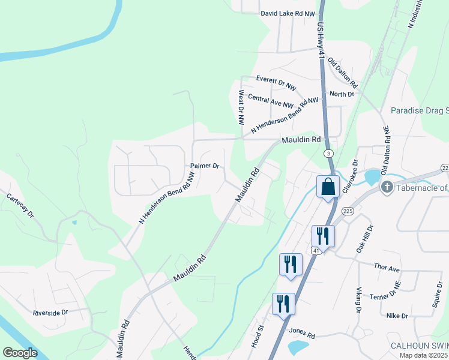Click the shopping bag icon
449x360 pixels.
click(x=328, y=187)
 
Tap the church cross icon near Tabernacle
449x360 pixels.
click(x=387, y=188)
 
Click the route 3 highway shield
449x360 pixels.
click(x=329, y=154)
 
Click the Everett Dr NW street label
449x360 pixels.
click(x=276, y=83)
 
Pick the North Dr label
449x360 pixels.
click(x=342, y=94)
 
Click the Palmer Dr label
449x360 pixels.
click(x=205, y=166)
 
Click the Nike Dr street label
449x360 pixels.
click(x=397, y=316)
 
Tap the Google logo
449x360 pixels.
click(x=20, y=353)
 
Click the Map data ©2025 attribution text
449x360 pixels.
click(x=424, y=355)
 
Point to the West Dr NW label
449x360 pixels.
click(x=241, y=107)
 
